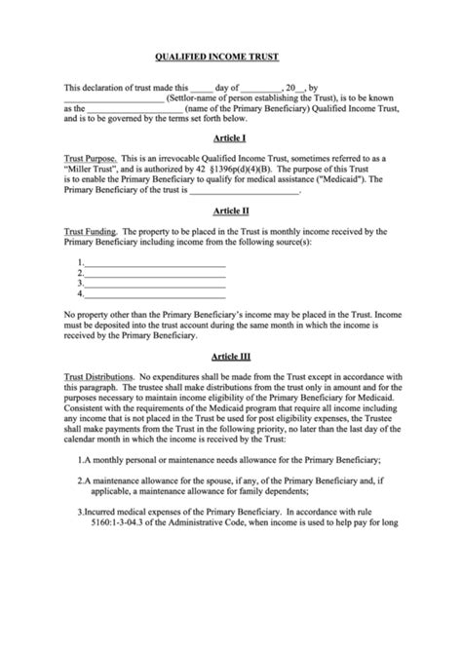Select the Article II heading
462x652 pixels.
pos(231,210)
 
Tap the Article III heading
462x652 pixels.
pos(231,356)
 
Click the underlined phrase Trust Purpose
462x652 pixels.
pos(91,158)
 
